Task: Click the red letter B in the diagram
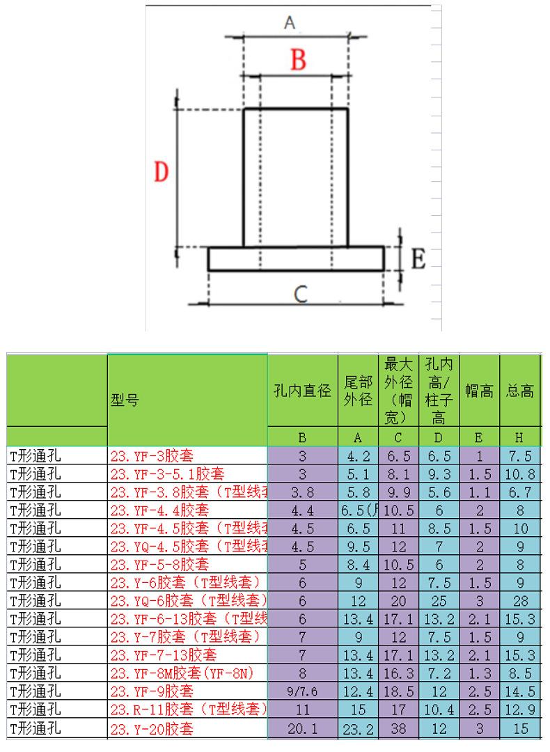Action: (298, 60)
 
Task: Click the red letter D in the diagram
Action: (161, 171)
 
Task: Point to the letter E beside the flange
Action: (418, 260)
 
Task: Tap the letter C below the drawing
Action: (300, 295)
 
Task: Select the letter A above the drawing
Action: (290, 23)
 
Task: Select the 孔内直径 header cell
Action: (302, 391)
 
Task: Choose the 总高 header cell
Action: (519, 391)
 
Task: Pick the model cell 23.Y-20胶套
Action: (152, 729)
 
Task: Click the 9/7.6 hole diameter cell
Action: (302, 692)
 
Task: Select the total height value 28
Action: (519, 601)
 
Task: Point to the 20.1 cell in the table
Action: (302, 729)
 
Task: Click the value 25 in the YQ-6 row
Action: (439, 601)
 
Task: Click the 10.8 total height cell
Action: (519, 474)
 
